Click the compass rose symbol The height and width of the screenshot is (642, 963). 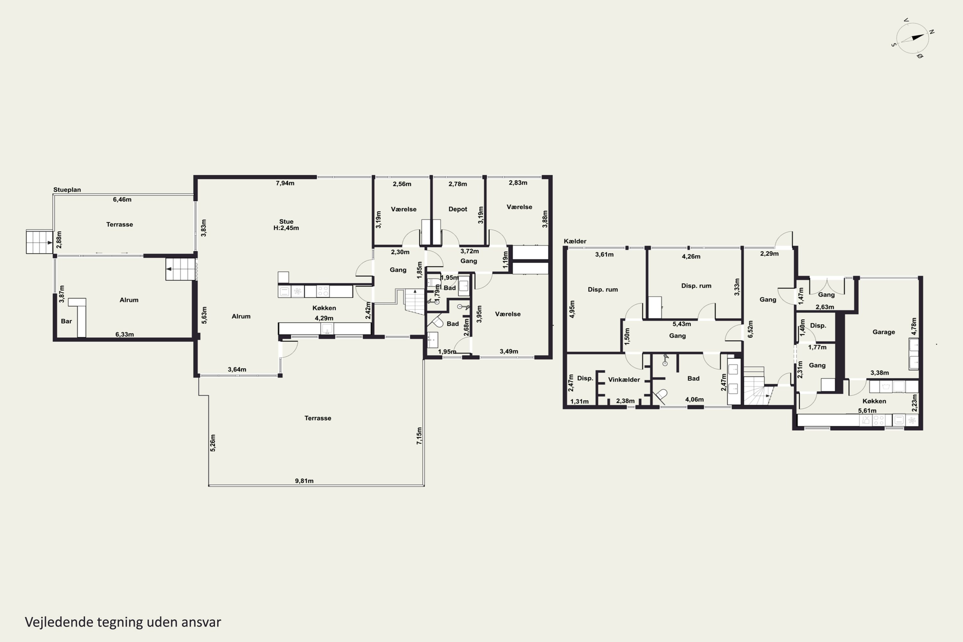pyautogui.click(x=913, y=39)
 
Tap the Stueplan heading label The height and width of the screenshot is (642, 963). pyautogui.click(x=67, y=190)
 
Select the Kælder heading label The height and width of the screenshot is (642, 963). pyautogui.click(x=575, y=241)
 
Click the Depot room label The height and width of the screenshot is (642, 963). pyautogui.click(x=458, y=209)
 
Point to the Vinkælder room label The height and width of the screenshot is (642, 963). pyautogui.click(x=624, y=379)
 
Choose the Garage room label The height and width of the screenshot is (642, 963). pyautogui.click(x=884, y=332)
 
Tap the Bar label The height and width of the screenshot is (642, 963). pyautogui.click(x=66, y=321)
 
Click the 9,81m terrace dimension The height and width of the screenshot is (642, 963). pyautogui.click(x=304, y=481)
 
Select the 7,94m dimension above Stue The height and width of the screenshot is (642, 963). pyautogui.click(x=285, y=183)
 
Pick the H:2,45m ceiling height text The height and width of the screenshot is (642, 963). pyautogui.click(x=286, y=228)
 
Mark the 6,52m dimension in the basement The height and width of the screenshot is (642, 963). pyautogui.click(x=750, y=329)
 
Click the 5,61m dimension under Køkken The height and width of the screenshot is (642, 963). pyautogui.click(x=867, y=411)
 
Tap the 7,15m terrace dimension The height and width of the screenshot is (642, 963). pyautogui.click(x=419, y=436)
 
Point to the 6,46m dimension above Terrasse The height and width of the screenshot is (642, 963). pyautogui.click(x=122, y=199)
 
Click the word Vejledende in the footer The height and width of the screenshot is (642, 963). pyautogui.click(x=59, y=622)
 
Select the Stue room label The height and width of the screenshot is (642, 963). pyautogui.click(x=286, y=221)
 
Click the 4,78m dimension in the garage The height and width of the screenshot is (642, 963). pyautogui.click(x=914, y=326)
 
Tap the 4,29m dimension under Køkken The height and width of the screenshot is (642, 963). pyautogui.click(x=324, y=318)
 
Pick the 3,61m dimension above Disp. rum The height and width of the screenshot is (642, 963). pyautogui.click(x=604, y=254)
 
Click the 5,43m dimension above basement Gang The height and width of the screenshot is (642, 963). pyautogui.click(x=682, y=324)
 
